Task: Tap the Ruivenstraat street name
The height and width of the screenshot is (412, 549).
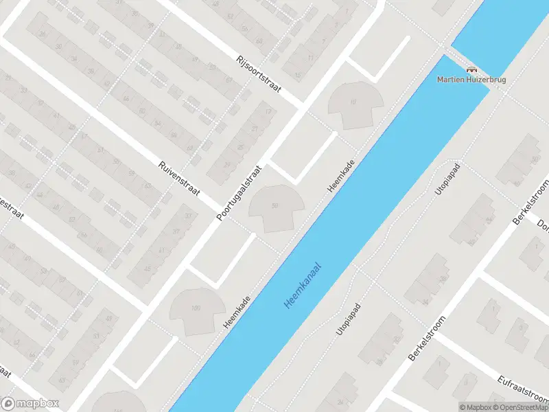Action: [x=178, y=179]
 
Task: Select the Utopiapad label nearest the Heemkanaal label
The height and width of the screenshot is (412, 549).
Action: [x=349, y=319]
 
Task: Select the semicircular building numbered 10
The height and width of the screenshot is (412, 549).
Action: [x=353, y=105]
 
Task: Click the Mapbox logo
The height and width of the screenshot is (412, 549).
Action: [x=30, y=404]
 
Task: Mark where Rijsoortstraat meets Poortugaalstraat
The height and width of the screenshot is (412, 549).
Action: [x=301, y=108]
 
